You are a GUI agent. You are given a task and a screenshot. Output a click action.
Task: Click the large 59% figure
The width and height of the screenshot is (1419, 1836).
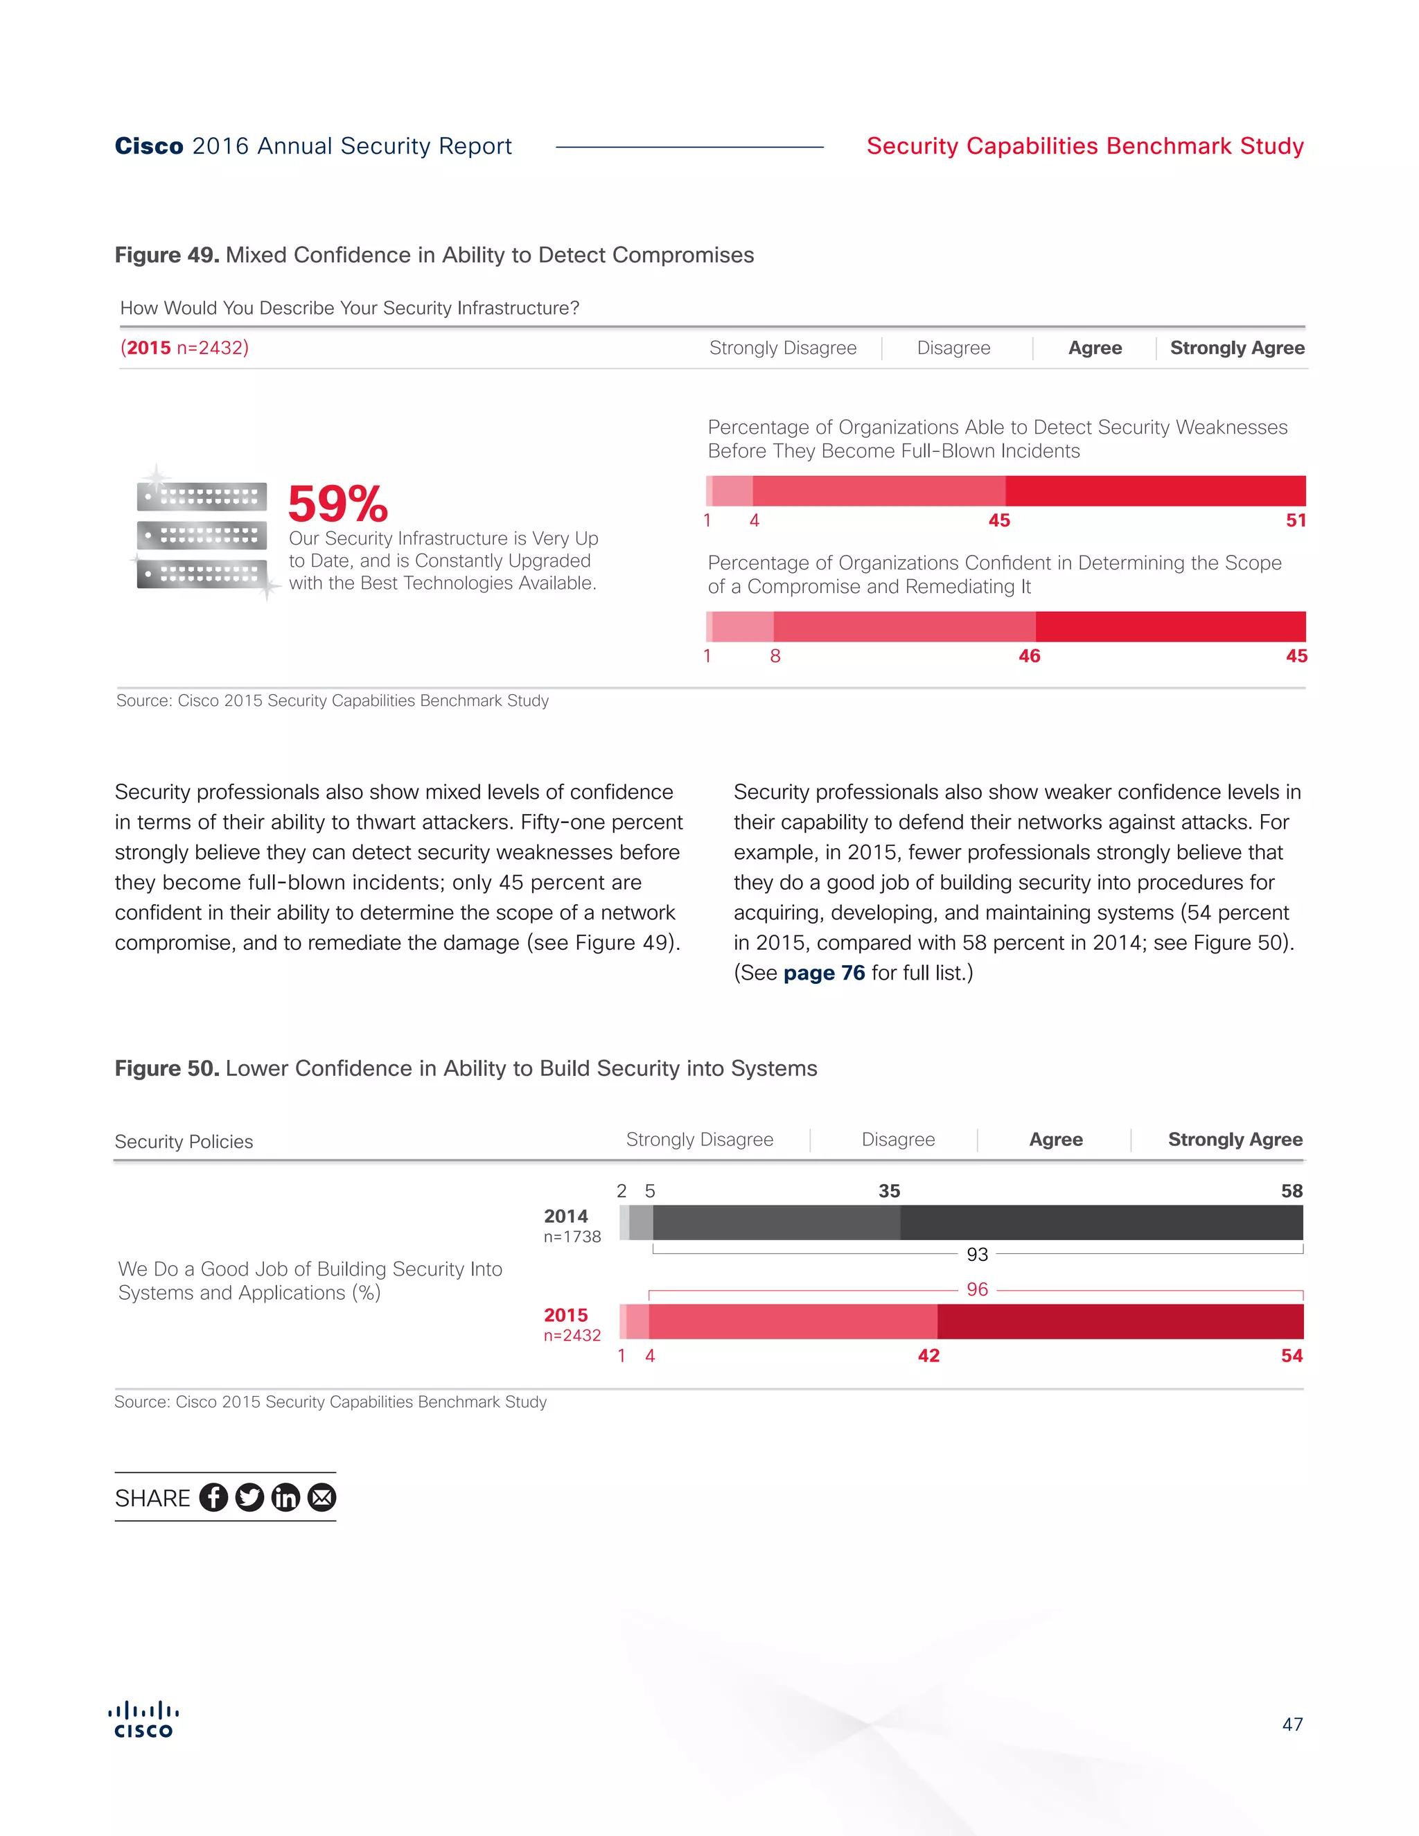click(x=338, y=504)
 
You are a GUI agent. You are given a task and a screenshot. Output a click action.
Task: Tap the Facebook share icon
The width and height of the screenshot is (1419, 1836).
click(x=213, y=1497)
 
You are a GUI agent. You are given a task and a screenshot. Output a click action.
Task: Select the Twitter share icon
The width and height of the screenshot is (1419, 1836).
click(x=249, y=1497)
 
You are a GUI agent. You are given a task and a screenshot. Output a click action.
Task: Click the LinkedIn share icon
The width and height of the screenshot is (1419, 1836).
click(x=286, y=1497)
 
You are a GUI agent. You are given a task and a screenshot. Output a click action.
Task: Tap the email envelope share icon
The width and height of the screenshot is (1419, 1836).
click(x=322, y=1497)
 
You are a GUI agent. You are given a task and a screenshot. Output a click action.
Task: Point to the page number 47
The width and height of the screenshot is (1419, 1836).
click(x=1292, y=1725)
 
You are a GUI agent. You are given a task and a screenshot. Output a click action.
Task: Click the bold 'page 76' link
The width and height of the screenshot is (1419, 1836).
click(x=824, y=973)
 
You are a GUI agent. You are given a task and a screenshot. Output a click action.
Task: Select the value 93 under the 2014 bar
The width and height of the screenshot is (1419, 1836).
click(x=977, y=1254)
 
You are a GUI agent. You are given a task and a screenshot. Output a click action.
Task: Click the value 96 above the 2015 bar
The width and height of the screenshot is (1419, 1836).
click(x=977, y=1289)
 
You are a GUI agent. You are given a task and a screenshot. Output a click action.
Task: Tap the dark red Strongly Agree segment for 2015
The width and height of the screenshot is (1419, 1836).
click(x=1120, y=1321)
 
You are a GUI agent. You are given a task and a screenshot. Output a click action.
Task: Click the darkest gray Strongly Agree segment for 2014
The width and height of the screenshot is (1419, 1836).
click(x=1101, y=1222)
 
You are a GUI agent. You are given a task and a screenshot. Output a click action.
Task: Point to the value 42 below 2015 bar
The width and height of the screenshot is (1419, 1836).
click(x=928, y=1356)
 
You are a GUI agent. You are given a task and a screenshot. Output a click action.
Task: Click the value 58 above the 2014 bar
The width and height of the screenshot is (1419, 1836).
click(x=1292, y=1191)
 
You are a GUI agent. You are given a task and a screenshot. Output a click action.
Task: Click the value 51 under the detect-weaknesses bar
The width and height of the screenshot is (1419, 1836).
click(x=1296, y=520)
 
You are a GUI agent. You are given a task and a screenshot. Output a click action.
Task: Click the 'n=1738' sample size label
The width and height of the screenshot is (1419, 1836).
click(x=572, y=1237)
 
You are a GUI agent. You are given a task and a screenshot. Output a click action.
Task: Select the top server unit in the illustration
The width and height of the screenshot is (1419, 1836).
click(x=202, y=497)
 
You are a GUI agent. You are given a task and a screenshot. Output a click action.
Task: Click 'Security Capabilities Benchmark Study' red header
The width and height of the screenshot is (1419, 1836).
click(x=1084, y=146)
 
